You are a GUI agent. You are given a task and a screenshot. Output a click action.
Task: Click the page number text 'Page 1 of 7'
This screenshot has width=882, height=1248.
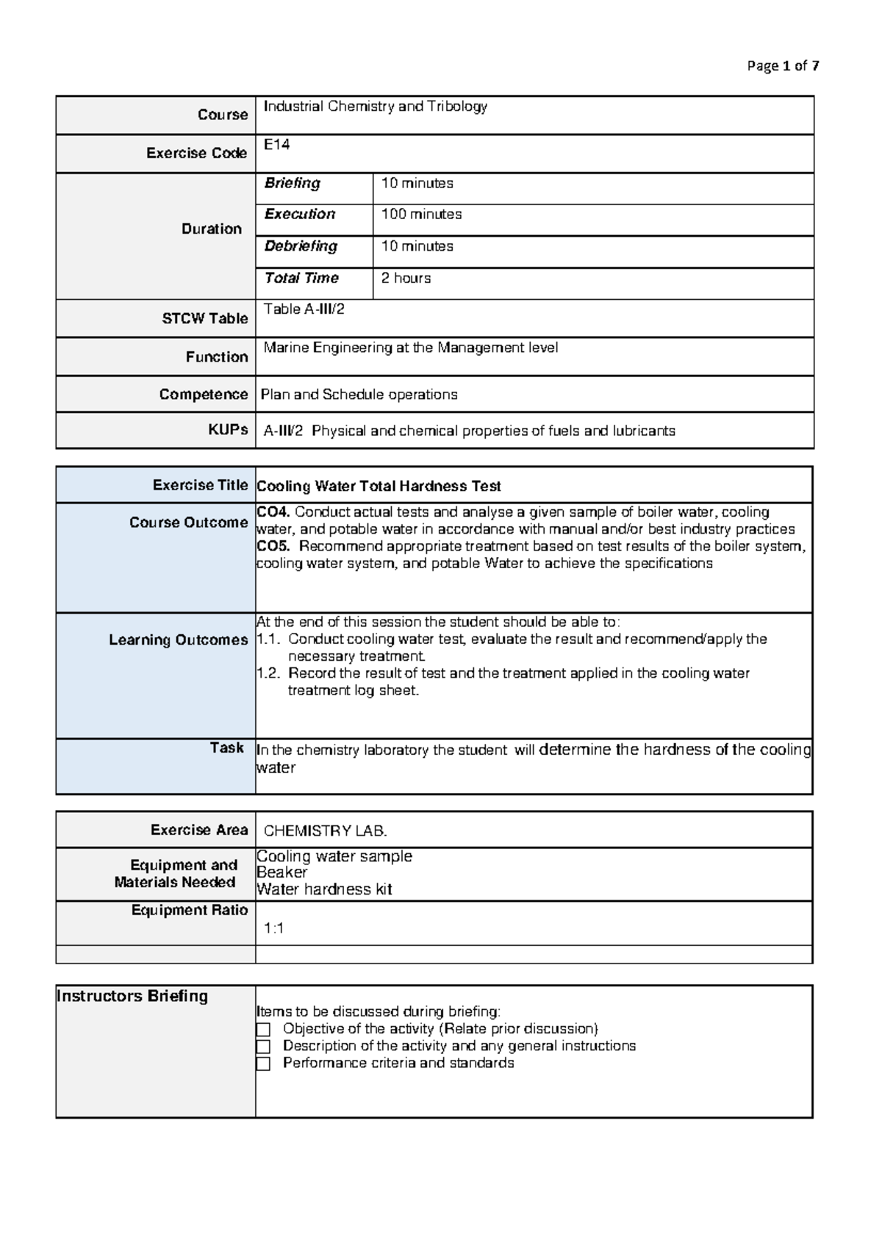pyautogui.click(x=783, y=66)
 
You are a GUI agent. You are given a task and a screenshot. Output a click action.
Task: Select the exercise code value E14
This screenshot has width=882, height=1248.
pyautogui.click(x=277, y=145)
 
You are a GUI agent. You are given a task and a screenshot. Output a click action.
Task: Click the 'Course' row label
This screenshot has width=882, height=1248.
pyautogui.click(x=222, y=115)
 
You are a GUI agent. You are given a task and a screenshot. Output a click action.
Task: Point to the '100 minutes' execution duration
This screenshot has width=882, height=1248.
pyautogui.click(x=421, y=215)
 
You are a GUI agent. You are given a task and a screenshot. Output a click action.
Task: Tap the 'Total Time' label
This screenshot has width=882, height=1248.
pyautogui.click(x=301, y=278)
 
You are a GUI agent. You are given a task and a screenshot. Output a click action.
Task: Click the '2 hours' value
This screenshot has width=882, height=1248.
pyautogui.click(x=406, y=279)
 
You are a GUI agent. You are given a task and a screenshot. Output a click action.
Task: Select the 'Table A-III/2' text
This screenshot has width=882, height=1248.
pyautogui.click(x=304, y=309)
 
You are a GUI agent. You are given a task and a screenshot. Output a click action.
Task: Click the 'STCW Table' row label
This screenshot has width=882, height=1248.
pyautogui.click(x=204, y=318)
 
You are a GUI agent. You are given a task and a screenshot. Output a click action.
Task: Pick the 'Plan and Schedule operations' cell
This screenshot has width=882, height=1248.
pyautogui.click(x=359, y=395)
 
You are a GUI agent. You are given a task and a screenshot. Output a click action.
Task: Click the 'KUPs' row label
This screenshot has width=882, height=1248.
pyautogui.click(x=228, y=430)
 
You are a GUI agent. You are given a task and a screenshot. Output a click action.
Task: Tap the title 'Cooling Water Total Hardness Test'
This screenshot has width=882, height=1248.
pyautogui.click(x=379, y=487)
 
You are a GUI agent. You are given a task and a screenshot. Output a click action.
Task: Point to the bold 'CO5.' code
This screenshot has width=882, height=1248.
pyautogui.click(x=273, y=546)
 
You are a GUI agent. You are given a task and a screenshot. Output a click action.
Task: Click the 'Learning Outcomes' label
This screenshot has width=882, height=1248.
pyautogui.click(x=178, y=640)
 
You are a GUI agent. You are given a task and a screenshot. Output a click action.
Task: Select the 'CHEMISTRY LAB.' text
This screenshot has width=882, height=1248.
pyautogui.click(x=325, y=831)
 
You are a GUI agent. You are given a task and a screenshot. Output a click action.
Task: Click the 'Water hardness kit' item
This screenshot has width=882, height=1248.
pyautogui.click(x=324, y=889)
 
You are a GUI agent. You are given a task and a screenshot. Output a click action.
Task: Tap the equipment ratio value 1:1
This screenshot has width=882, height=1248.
pyautogui.click(x=273, y=928)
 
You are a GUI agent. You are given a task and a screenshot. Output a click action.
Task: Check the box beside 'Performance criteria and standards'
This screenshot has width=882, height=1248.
pyautogui.click(x=263, y=1064)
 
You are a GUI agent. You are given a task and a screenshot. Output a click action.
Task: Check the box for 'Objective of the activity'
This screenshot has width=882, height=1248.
pyautogui.click(x=263, y=1029)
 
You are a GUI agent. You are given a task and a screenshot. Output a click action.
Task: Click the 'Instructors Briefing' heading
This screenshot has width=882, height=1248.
pyautogui.click(x=132, y=996)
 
